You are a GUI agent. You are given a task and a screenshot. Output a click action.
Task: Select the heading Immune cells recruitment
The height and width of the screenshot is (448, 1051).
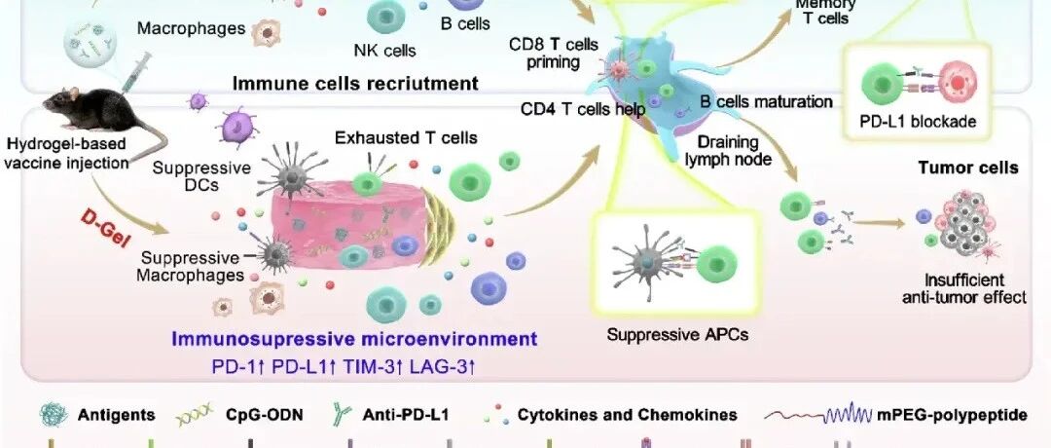click(x=355, y=84)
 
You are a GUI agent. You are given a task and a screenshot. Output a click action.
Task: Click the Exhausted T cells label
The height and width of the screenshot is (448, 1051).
click(x=406, y=137)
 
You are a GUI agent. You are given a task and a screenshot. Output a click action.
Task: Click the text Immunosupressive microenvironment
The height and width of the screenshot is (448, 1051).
click(x=354, y=340)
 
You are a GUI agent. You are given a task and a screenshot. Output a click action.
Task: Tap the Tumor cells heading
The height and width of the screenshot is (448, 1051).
click(x=968, y=168)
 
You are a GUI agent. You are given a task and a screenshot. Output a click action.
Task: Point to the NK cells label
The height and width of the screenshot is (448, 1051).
click(x=384, y=50)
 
